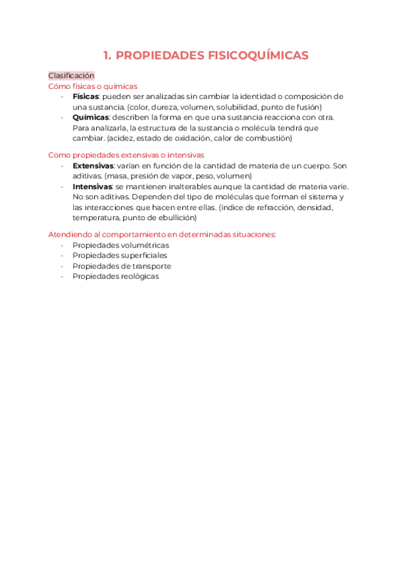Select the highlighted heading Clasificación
click(72, 76)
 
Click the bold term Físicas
click(86, 96)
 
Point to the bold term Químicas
click(90, 117)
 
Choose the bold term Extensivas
click(93, 165)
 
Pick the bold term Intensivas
click(92, 186)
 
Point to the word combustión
click(269, 138)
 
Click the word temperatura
click(96, 217)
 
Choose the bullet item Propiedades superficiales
click(120, 255)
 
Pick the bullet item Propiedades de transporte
click(122, 266)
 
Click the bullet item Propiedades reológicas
click(116, 276)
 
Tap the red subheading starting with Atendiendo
click(162, 234)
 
